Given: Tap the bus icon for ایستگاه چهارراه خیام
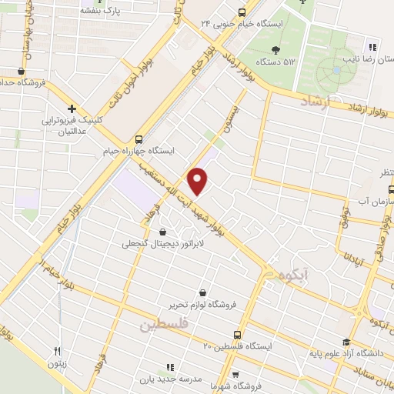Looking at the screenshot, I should click(139, 139).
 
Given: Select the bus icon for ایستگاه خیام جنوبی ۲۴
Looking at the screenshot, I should click(242, 12).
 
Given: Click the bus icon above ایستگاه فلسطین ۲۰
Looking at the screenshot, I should click(236, 335).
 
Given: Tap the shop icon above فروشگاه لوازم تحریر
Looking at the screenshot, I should click(202, 292).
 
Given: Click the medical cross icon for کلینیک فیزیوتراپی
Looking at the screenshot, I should click(72, 109).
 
